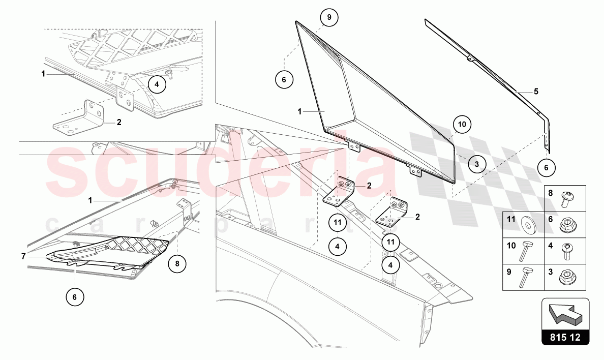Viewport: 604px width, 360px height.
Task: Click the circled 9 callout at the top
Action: pos(329,17)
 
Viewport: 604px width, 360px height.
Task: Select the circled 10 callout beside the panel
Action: pos(463,124)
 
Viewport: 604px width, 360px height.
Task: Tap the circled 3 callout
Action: pos(476,164)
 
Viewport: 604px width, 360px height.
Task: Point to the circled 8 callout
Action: pos(177,264)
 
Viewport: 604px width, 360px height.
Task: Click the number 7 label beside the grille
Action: pos(23,256)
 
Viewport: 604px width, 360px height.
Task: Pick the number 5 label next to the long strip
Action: pos(536,92)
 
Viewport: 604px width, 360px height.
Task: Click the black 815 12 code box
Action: pos(565,337)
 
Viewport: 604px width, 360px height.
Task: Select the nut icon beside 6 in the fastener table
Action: pos(566,223)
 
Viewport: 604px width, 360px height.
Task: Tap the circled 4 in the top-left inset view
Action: pos(157,84)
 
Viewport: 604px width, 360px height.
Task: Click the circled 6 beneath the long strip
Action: pos(546,167)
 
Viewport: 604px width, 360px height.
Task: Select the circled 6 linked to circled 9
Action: pos(284,79)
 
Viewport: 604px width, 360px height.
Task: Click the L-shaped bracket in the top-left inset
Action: pos(79,119)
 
